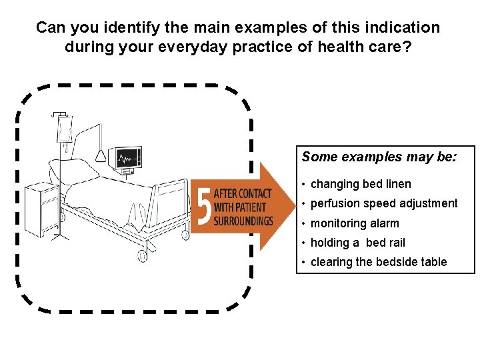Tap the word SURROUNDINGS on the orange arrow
click(244, 221)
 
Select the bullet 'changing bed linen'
click(361, 184)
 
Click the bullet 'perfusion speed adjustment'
click(384, 203)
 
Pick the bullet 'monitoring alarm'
click(355, 223)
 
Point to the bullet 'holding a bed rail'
click(357, 243)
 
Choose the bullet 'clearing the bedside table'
click(378, 262)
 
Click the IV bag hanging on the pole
click(65, 128)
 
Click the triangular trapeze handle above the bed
click(101, 156)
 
